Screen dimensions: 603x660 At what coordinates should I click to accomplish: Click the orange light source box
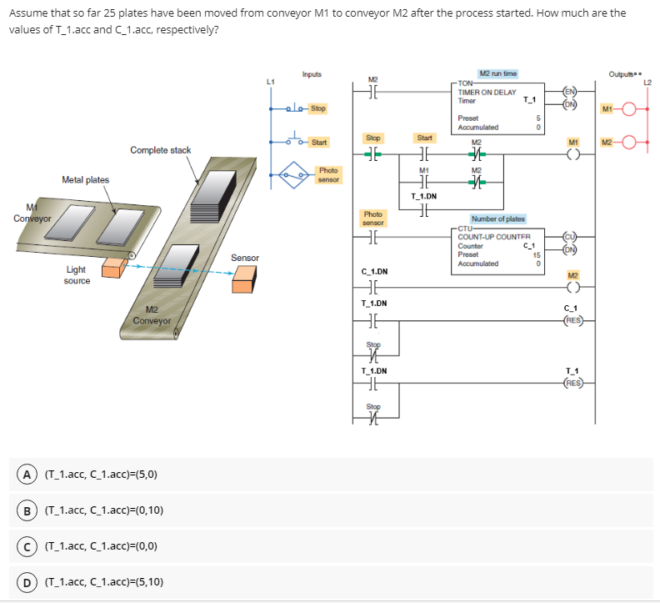coord(112,267)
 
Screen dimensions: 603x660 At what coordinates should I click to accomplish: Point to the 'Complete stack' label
coord(160,150)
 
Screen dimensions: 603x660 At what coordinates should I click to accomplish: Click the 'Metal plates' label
coord(85,179)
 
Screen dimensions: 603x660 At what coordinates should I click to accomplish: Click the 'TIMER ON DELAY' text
coord(487,93)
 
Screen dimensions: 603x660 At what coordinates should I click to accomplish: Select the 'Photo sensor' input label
coord(327,173)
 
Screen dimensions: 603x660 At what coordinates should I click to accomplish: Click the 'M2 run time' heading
coord(497,73)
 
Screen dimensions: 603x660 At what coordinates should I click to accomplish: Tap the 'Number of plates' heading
coord(497,219)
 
